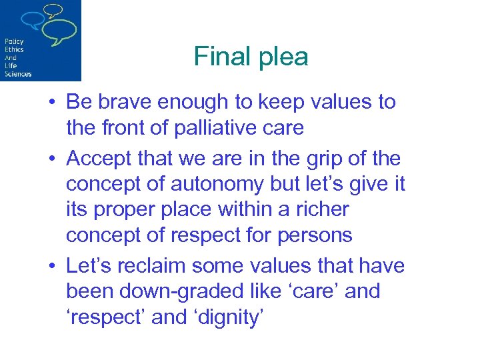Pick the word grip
(x=306, y=159)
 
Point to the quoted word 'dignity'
(x=226, y=317)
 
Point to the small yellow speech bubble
(x=53, y=9)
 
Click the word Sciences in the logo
(x=18, y=73)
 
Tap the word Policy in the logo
(x=14, y=41)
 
